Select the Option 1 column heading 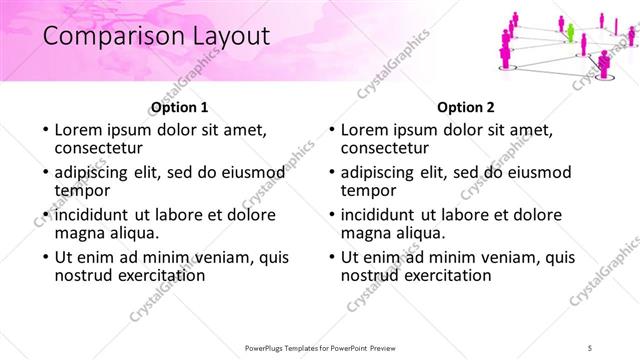[180, 107]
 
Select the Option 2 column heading [466, 107]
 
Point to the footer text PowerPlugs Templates [290, 347]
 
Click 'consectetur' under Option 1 [101, 149]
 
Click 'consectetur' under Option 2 [387, 149]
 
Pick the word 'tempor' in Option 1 [82, 191]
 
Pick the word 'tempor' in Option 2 [368, 191]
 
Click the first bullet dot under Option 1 [44, 131]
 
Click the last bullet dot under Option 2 [330, 257]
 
